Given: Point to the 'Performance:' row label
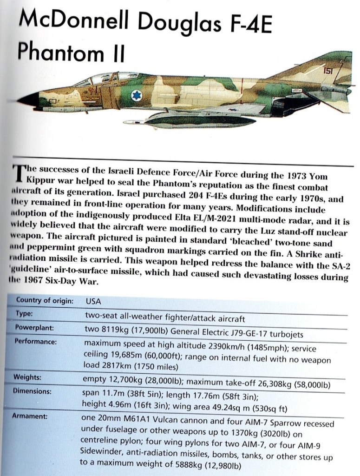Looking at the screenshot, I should [35, 342].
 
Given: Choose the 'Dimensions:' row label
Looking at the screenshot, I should [33, 391].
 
